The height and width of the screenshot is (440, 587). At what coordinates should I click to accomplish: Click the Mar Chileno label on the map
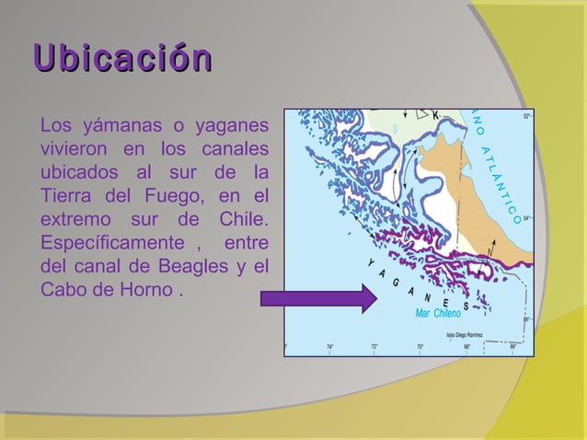[x=437, y=314]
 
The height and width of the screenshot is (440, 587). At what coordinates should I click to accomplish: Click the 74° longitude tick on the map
[x=329, y=347]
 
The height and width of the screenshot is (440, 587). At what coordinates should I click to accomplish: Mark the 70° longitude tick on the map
[x=420, y=347]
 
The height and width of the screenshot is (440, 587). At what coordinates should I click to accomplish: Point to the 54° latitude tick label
[x=526, y=219]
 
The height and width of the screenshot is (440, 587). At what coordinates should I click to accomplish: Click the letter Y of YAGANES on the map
[x=371, y=264]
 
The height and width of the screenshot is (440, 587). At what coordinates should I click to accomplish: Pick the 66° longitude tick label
[x=512, y=347]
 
